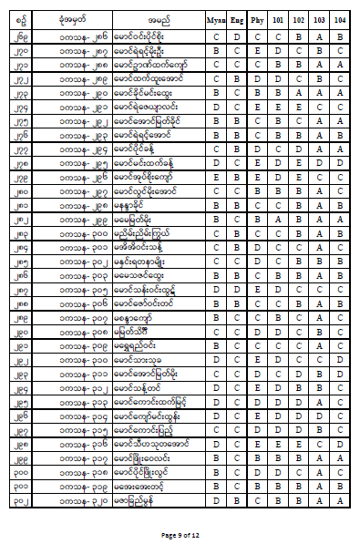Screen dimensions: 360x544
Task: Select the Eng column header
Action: point(238,17)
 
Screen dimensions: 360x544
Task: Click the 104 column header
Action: point(339,17)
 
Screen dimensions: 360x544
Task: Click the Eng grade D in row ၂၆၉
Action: point(238,37)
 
